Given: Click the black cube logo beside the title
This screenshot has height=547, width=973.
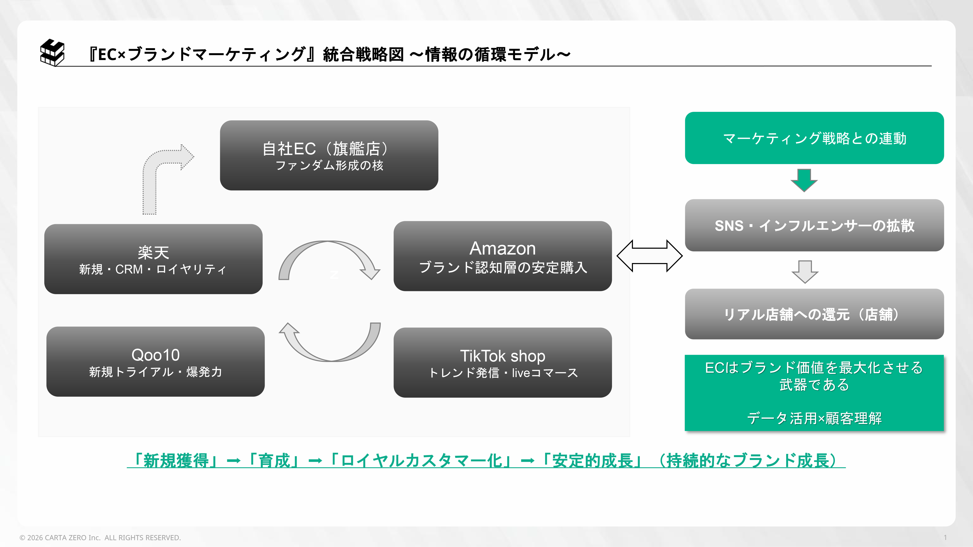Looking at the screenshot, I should coord(52,53).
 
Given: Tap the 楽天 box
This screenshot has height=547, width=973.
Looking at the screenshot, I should coord(153,259).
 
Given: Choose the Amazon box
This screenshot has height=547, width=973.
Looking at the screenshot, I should coord(502,256).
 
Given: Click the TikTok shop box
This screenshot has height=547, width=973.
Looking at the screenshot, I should coord(502,362).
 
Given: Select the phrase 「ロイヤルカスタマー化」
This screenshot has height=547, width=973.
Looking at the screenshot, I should coord(421,460).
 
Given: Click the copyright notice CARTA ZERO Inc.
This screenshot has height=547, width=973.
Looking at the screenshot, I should coord(100,538).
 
